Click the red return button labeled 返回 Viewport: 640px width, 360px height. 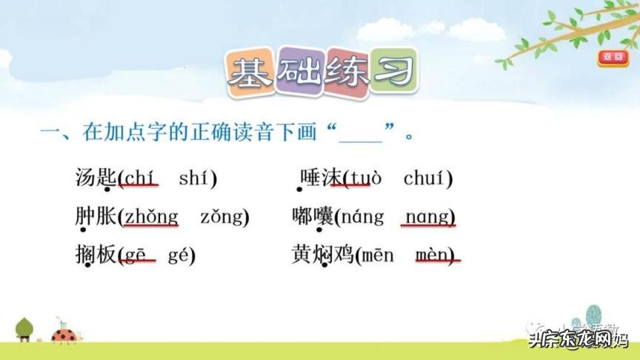[x=613, y=56]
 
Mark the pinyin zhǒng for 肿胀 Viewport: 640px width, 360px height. [x=151, y=217]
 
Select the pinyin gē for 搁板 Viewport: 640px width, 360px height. [x=137, y=256]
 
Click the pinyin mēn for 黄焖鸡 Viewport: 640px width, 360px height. [x=379, y=256]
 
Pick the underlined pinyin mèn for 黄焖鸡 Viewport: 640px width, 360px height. [x=433, y=256]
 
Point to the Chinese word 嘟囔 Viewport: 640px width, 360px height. [x=313, y=216]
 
